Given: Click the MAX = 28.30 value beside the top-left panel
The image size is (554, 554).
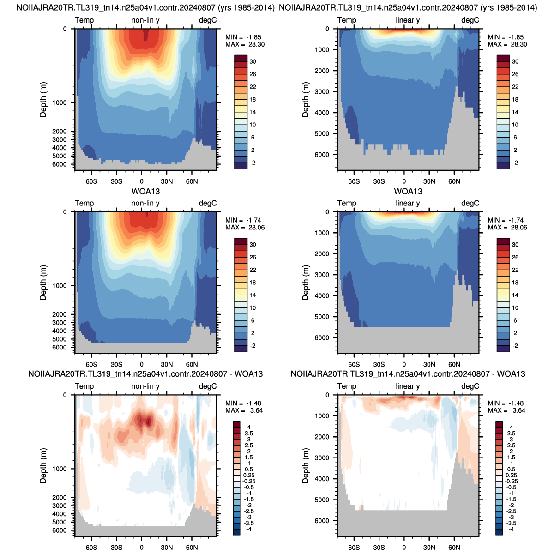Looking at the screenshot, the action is coord(245,45).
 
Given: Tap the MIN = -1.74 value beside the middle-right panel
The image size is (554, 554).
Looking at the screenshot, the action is coord(507,220).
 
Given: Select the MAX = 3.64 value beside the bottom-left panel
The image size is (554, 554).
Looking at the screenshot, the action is coord(244,410).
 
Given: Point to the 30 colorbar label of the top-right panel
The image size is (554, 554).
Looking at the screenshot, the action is coord(515,61).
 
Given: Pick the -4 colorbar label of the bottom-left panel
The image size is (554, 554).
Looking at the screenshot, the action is coord(248,529).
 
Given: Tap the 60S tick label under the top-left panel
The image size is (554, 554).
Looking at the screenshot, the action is coord(91,181).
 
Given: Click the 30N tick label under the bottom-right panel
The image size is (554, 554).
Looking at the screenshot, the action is coord(429,548).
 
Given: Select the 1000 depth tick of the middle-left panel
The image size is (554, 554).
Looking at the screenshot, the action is coord(60,286).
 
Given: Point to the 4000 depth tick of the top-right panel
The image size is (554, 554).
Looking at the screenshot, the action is coord(322,113).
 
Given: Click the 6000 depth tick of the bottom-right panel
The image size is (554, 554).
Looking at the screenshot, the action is coord(322,521).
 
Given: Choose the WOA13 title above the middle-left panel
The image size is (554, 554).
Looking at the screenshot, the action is coord(145,191).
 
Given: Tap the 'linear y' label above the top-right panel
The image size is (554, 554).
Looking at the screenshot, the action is coord(408,20).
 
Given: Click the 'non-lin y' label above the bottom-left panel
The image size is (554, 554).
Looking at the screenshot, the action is coord(145,386).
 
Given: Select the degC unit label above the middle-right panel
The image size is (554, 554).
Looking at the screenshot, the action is coord(470,203).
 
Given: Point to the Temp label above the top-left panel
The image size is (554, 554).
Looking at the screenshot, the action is coord(84,20).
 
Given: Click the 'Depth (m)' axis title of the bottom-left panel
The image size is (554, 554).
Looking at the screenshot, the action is coord(43,465).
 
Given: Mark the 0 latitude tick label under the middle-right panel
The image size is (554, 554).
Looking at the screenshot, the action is coord(404,365).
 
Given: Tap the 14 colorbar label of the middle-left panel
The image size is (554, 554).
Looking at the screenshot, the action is coord(253,295).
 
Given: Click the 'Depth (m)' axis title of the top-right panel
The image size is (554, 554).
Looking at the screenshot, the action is coord(305,99).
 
